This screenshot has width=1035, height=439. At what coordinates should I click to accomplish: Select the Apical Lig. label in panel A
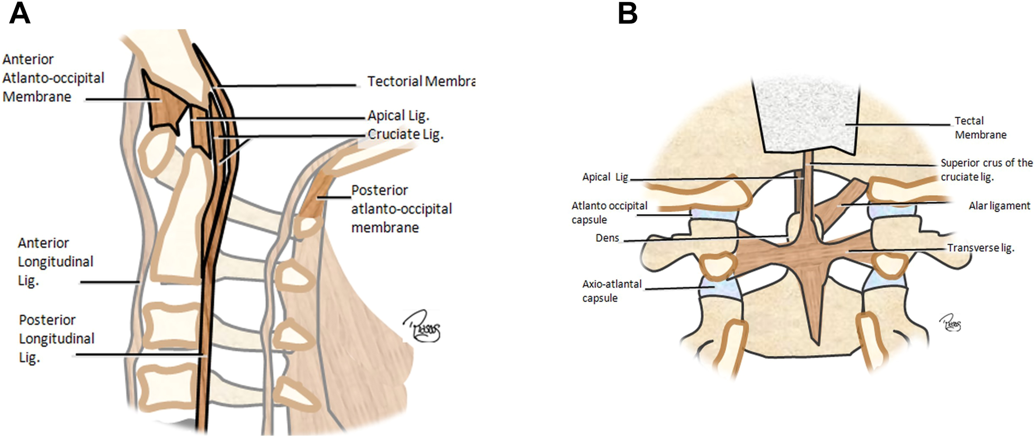398,116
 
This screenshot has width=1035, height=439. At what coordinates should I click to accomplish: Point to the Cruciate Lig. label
405,134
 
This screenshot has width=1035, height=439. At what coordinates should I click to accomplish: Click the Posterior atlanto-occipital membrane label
401,209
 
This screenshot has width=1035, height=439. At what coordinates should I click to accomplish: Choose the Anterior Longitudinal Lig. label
55,262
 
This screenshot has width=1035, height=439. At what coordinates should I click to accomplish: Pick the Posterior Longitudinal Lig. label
56,338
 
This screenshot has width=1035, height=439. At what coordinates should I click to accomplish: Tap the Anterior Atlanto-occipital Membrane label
53,78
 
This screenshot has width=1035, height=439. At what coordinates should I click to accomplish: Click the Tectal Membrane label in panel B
980,127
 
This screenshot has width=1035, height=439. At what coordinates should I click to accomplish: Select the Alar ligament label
999,206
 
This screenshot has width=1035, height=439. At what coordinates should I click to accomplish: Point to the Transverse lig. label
980,248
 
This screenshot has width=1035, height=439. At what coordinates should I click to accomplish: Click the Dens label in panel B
607,238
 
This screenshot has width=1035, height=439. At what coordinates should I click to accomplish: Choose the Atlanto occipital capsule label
609,212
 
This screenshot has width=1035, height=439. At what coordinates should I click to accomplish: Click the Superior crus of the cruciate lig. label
986,169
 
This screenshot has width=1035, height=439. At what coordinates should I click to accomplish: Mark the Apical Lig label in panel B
605,177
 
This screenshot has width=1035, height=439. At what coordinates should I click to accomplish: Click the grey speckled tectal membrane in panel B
804,117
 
